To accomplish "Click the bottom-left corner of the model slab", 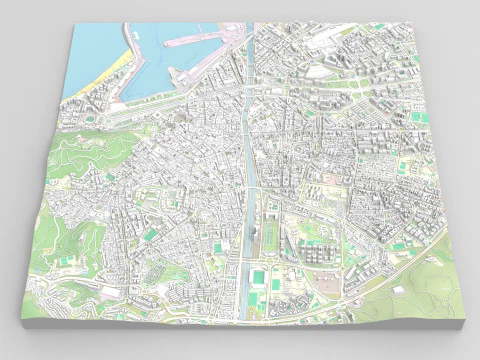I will (21, 318).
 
